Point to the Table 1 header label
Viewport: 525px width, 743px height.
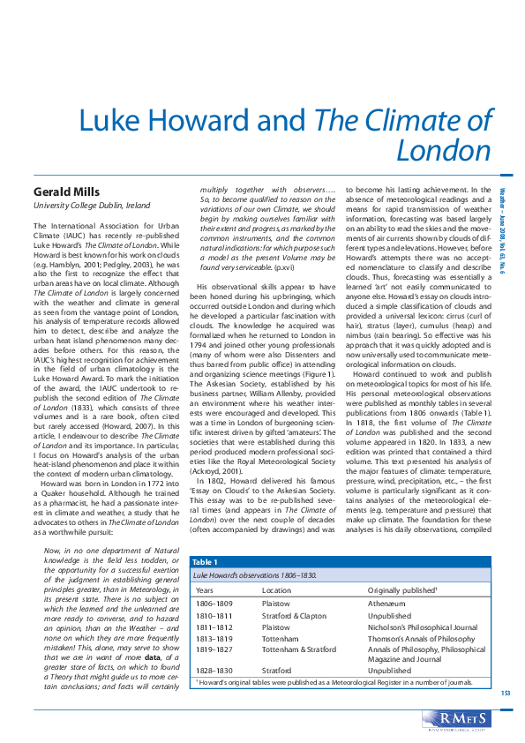[x=205, y=561]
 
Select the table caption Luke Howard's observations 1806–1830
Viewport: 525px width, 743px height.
[x=254, y=574]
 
